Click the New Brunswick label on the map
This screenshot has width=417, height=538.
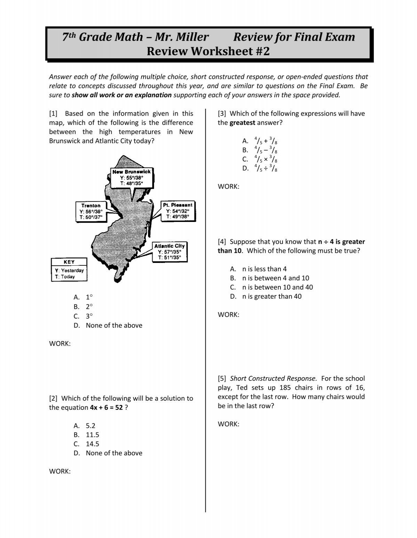click(x=131, y=172)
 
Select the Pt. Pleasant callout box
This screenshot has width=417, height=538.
click(x=178, y=211)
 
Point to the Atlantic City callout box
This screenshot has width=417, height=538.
click(x=170, y=251)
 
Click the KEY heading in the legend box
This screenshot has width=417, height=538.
click(x=69, y=262)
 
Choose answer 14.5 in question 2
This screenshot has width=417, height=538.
click(x=92, y=444)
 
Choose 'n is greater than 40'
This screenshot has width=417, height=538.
click(x=272, y=296)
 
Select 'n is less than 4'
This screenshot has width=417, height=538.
click(x=265, y=269)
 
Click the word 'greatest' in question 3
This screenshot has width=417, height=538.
click(x=242, y=123)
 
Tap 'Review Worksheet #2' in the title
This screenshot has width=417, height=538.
click(x=208, y=51)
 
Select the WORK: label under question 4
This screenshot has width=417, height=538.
click(x=228, y=315)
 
